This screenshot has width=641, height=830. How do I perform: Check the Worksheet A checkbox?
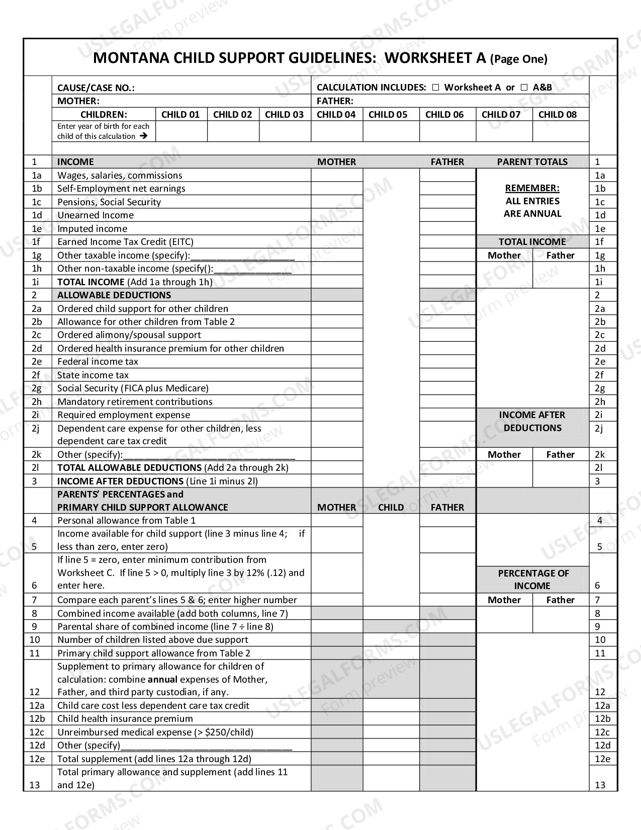tap(435, 88)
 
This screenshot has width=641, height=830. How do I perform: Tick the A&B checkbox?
tap(524, 88)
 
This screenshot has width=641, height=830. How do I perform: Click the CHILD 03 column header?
tap(284, 114)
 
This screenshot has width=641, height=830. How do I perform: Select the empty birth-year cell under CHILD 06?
tap(447, 131)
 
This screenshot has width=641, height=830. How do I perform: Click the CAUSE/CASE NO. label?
tap(96, 88)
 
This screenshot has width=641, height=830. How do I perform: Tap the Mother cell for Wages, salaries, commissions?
tap(336, 175)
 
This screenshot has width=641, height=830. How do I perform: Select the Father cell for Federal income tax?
tap(447, 361)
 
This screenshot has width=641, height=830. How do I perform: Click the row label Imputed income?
tap(92, 228)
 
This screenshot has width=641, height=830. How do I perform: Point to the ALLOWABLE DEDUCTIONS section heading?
tap(114, 295)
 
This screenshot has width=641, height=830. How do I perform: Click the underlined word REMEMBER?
tap(532, 188)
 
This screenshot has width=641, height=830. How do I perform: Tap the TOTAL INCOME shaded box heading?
tap(532, 242)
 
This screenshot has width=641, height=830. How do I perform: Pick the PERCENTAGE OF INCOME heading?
tap(532, 579)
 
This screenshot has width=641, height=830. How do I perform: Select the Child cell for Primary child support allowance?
tap(391, 653)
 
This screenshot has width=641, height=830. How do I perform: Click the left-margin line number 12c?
tap(37, 732)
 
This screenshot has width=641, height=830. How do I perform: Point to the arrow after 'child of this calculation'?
tap(144, 136)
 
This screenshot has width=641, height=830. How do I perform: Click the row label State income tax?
tap(93, 375)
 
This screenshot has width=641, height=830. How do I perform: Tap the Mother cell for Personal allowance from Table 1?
tap(336, 520)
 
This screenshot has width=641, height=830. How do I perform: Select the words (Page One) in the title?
tap(518, 59)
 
